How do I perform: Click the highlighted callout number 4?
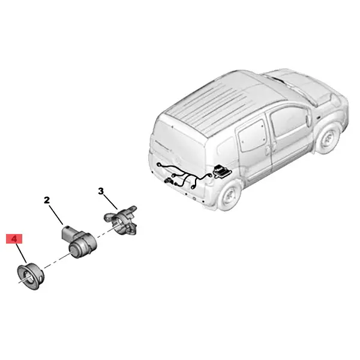tap(14, 239)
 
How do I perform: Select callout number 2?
tap(47, 200)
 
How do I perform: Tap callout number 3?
tap(101, 191)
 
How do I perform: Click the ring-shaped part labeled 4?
tap(31, 277)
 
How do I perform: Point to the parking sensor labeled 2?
tap(79, 242)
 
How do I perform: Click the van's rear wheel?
tap(229, 196)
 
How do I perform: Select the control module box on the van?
tap(221, 171)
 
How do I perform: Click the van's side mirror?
tap(309, 118)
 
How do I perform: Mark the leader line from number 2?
tap(56, 215)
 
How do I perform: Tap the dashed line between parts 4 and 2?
tap(57, 261)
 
